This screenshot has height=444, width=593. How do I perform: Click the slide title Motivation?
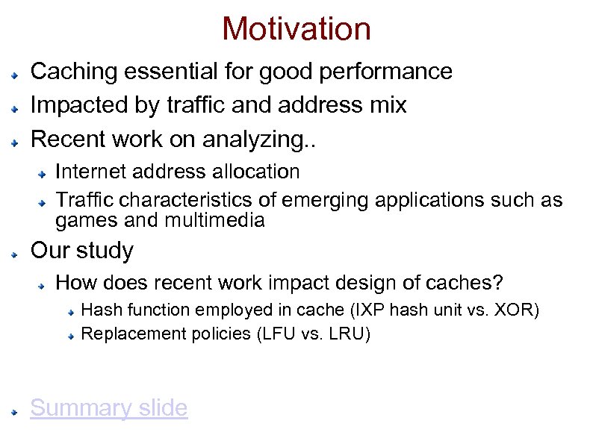tap(296, 29)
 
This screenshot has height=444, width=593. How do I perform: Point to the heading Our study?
tap(81, 251)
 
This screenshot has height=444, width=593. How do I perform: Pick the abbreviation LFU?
tap(279, 334)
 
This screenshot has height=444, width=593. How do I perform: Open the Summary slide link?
tap(108, 408)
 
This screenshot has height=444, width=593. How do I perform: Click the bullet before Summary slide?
tap(15, 411)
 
